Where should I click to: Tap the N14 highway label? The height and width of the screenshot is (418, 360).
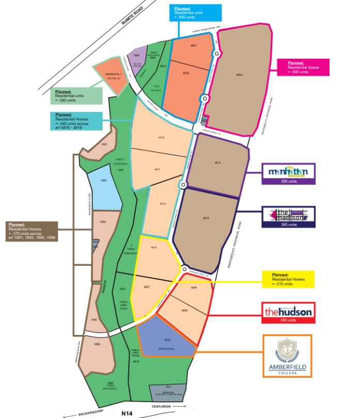(x=127, y=413)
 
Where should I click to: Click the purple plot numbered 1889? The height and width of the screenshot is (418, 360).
(x=136, y=56)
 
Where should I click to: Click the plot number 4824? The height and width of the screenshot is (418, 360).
(x=239, y=75)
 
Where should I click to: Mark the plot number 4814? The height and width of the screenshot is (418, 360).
(x=217, y=163)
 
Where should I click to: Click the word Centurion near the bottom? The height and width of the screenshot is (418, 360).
(x=162, y=408)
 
